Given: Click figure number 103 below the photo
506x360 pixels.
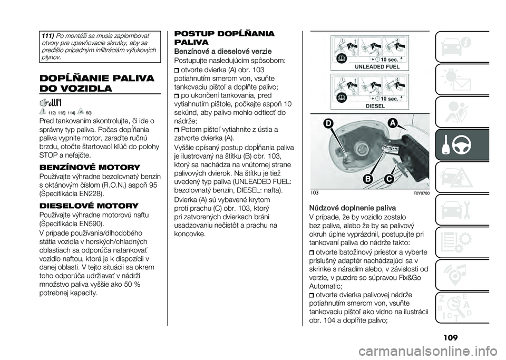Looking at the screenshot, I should (x=315, y=194).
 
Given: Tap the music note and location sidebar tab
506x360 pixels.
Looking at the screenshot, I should (x=465, y=269).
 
